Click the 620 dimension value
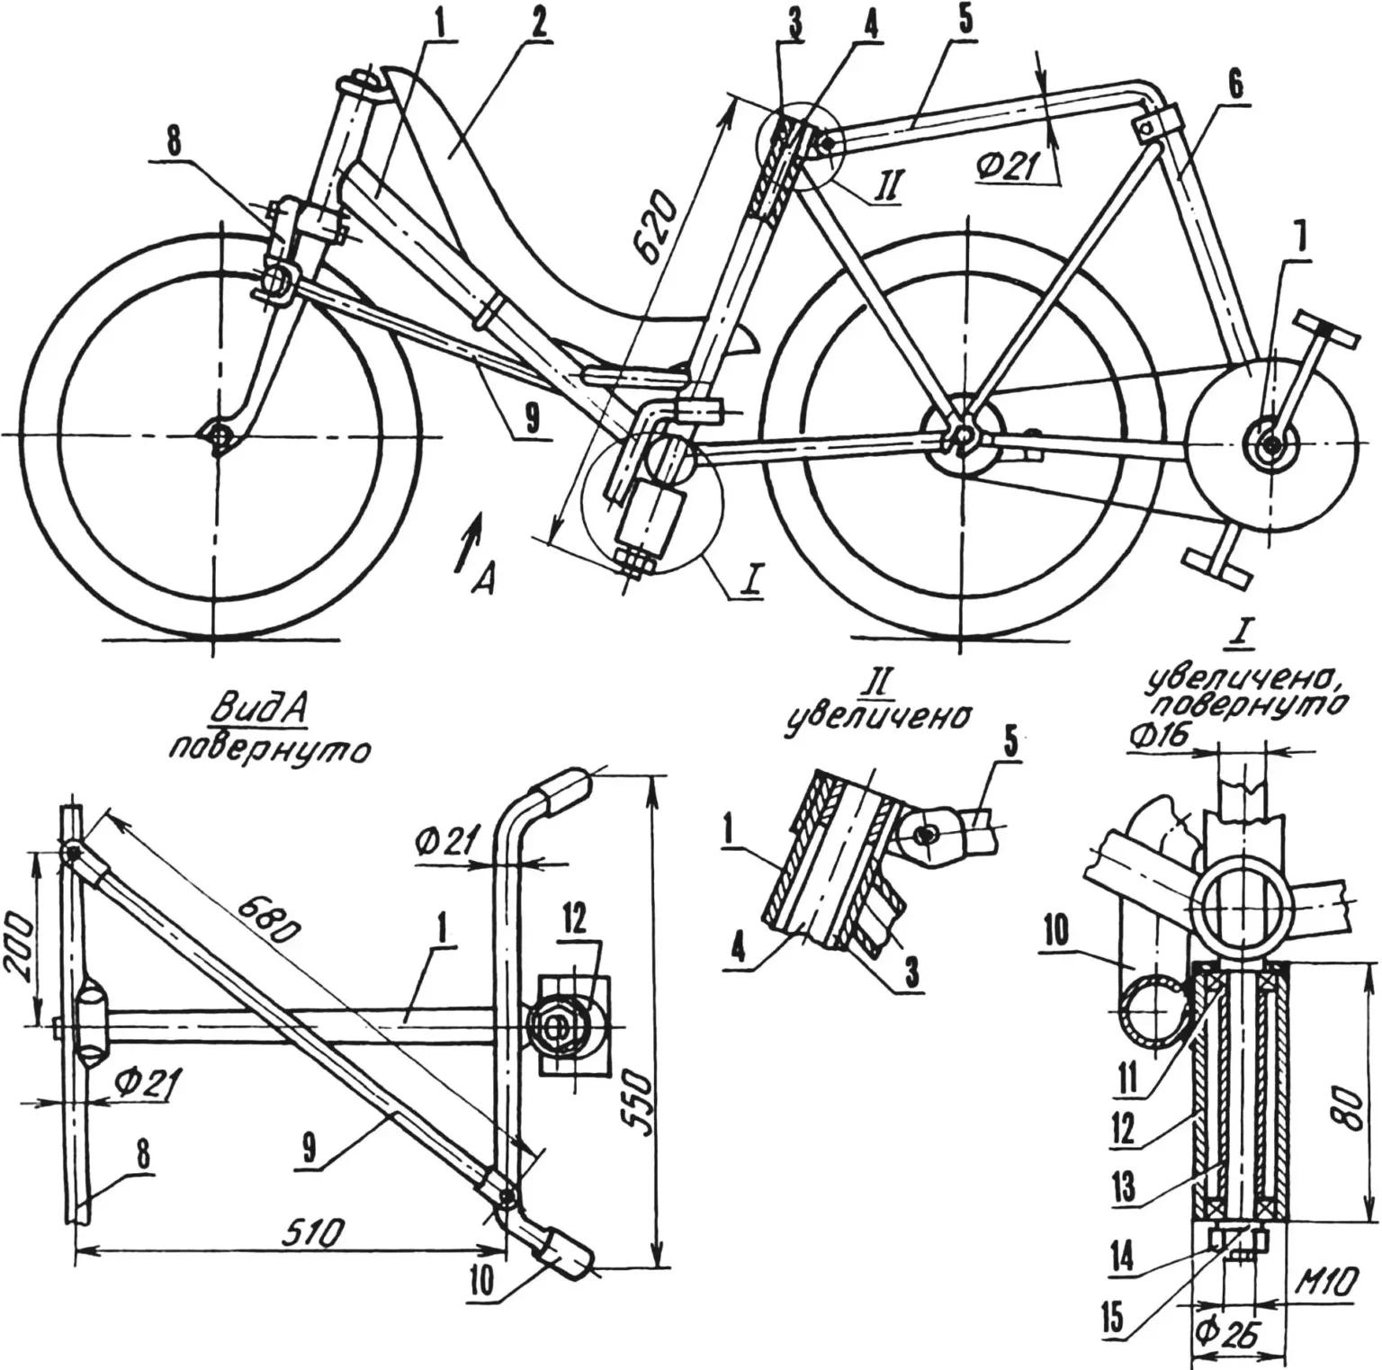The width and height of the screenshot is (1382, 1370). point(660,236)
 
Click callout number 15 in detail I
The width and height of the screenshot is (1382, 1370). point(1115,1318)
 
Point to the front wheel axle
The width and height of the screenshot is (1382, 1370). point(215,436)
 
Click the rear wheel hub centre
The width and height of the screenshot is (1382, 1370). point(962,436)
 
